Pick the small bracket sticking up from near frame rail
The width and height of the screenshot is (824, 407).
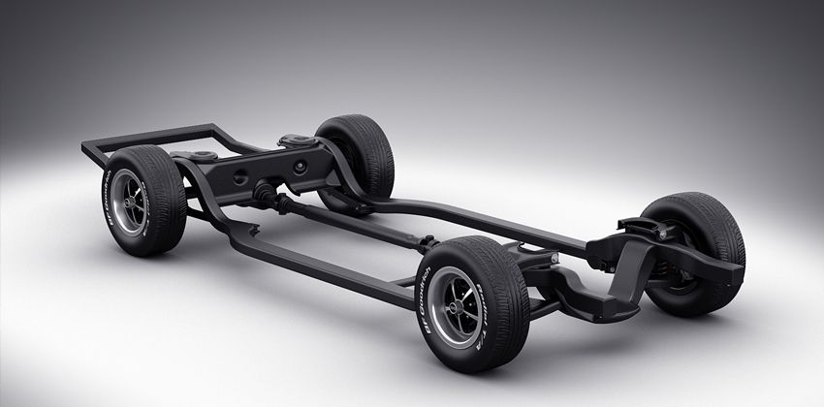(253, 231)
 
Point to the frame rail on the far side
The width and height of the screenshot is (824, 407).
(485, 215)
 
